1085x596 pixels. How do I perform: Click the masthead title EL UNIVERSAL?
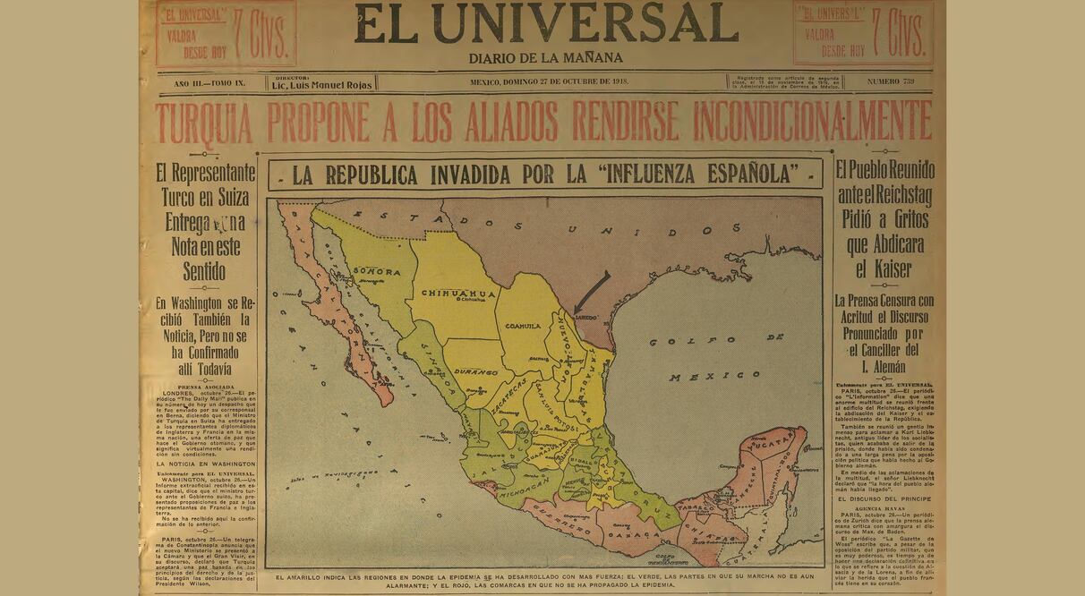coord(545,23)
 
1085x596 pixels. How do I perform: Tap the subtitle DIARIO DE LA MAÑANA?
coord(545,58)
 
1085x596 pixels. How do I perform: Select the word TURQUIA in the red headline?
coord(204,123)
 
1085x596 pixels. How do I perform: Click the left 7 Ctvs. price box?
coord(226,33)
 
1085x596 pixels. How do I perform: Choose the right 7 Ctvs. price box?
coord(863,33)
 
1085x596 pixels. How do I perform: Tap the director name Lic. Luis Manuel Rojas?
coord(322,84)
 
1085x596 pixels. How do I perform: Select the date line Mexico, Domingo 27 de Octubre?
coord(549,82)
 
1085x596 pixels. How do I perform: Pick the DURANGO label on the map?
coord(476,370)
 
